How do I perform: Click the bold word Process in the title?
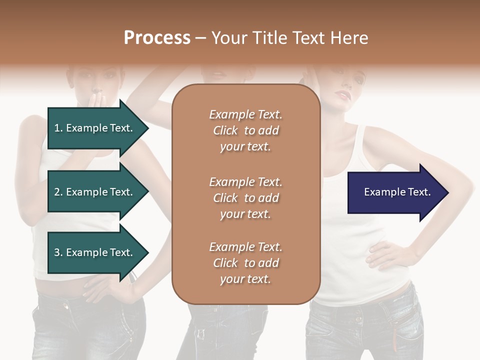point(157,38)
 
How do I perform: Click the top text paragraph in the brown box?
point(245,130)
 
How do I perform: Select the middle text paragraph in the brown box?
point(245,198)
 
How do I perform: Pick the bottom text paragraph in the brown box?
point(245,263)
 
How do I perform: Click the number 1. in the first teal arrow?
point(58,128)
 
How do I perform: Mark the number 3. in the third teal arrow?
point(58,252)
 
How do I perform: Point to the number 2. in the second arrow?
point(58,192)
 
